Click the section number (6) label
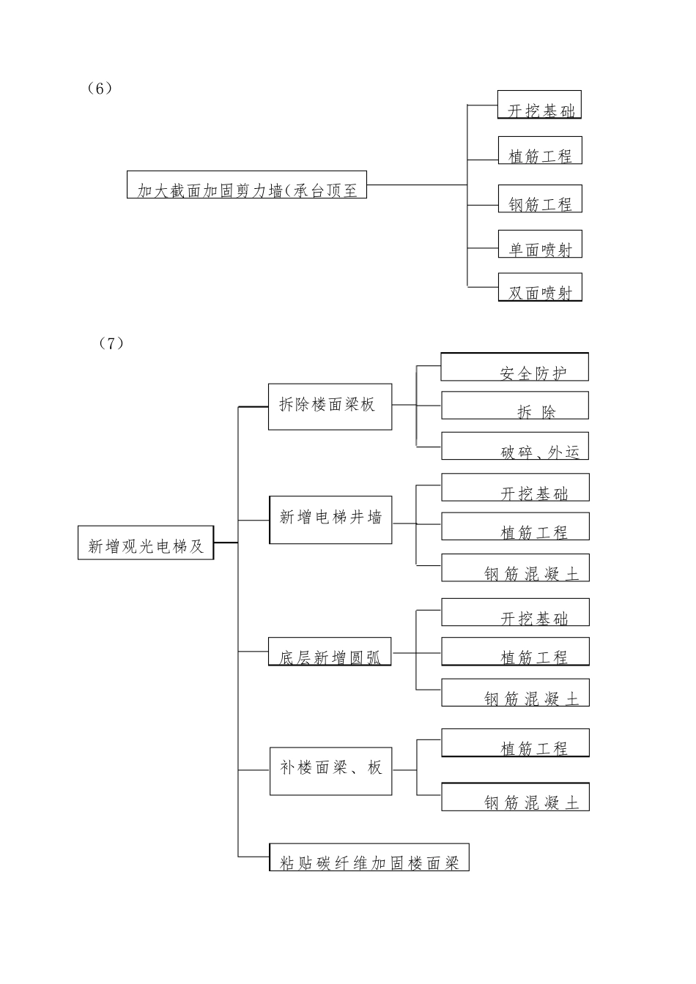click(99, 89)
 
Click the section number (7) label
click(111, 343)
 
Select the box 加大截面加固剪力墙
click(247, 184)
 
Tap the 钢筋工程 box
click(540, 198)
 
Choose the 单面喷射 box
click(540, 244)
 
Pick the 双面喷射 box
click(540, 287)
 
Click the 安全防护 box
click(514, 367)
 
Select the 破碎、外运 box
click(514, 446)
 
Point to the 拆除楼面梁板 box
click(330, 406)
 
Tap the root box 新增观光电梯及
click(146, 543)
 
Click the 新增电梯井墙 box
click(330, 520)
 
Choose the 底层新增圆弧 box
click(330, 651)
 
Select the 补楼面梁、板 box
click(330, 771)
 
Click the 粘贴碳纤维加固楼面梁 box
click(369, 857)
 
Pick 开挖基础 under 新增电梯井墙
click(515, 488)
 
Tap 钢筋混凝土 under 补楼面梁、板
click(515, 797)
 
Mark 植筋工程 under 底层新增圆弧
click(515, 651)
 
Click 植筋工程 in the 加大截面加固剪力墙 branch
click(540, 150)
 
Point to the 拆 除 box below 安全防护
click(514, 405)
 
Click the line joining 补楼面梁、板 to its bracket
click(404, 770)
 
